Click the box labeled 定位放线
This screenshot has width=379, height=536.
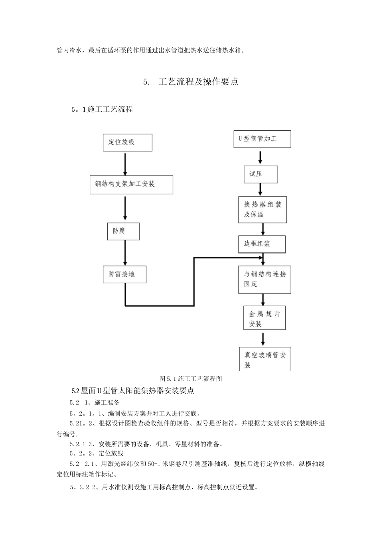click(x=127, y=142)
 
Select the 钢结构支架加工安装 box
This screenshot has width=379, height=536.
click(x=131, y=185)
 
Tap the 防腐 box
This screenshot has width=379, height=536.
click(x=123, y=231)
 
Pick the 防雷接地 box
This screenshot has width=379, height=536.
click(x=124, y=274)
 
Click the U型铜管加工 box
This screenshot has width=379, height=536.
click(x=262, y=139)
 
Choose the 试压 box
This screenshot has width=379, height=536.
click(x=261, y=174)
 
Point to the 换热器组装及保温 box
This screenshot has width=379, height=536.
click(x=263, y=209)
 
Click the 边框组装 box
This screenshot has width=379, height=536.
click(x=262, y=244)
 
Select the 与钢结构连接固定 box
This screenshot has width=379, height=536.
click(x=265, y=279)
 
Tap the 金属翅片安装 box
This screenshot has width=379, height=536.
click(x=264, y=319)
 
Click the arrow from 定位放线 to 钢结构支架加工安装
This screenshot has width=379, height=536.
click(x=125, y=164)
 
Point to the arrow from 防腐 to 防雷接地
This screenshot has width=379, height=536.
click(x=125, y=253)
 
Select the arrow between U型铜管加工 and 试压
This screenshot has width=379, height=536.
click(x=261, y=157)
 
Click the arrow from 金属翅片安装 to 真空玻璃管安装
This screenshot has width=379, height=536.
click(x=263, y=339)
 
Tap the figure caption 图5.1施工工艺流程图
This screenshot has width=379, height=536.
click(x=191, y=378)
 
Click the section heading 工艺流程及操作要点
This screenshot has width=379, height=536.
click(x=198, y=82)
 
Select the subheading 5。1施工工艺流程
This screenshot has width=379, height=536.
click(x=102, y=109)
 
